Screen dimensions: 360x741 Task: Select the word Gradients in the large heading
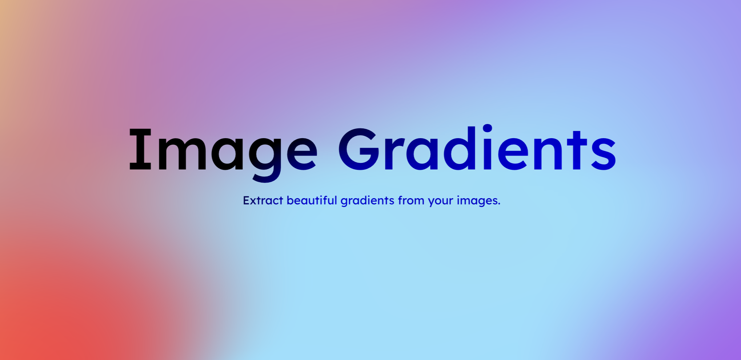[x=477, y=149]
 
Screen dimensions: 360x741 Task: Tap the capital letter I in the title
[x=140, y=149]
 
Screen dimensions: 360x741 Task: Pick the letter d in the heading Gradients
[x=460, y=149]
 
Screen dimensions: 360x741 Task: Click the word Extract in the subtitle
[x=263, y=200]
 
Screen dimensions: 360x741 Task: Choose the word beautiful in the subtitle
[x=312, y=200]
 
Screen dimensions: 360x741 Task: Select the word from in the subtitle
[x=411, y=200]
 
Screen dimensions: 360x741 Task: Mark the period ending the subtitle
[x=499, y=204]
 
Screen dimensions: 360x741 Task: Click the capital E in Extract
[x=246, y=200]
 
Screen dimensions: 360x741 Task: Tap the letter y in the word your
[x=431, y=202]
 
